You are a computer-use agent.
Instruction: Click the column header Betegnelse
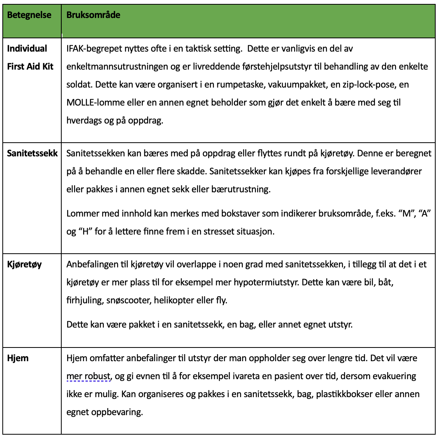click(x=29, y=15)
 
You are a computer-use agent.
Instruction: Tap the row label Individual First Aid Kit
click(x=30, y=57)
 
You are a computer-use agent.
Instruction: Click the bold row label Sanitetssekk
click(x=32, y=153)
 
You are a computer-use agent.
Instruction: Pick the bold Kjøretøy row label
click(x=24, y=264)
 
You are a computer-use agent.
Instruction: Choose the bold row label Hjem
click(x=18, y=358)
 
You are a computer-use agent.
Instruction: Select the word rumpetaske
click(x=233, y=84)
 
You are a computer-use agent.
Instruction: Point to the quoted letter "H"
click(x=85, y=231)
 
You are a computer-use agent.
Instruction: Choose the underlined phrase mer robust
click(x=89, y=376)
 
